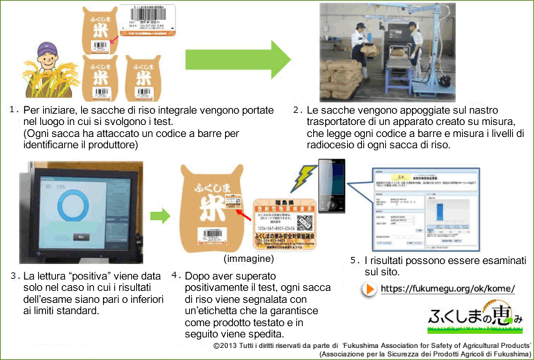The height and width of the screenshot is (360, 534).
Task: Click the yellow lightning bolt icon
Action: (x=304, y=177)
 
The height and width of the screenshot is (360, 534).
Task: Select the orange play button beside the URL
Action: (x=369, y=289)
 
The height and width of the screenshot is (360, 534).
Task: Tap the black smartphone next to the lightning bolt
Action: (x=330, y=187)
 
